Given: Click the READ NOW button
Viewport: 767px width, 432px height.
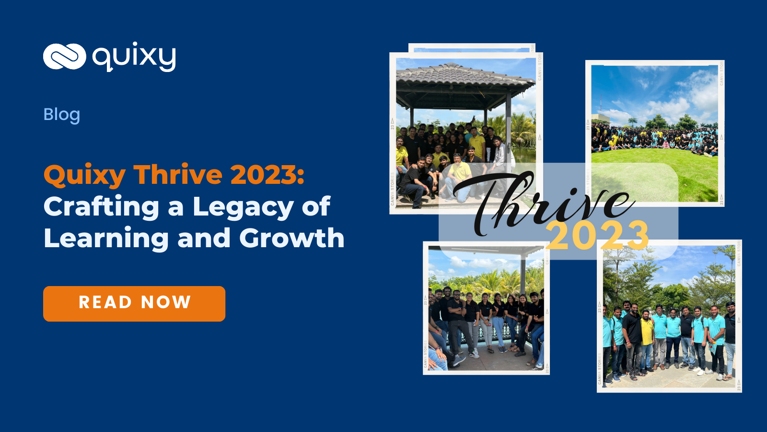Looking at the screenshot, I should coord(134,303).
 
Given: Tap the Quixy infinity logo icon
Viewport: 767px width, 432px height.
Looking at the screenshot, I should coord(64,56).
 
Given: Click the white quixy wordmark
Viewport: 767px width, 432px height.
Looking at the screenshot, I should coord(134,58).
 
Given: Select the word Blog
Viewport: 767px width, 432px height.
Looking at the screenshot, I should coord(61,115).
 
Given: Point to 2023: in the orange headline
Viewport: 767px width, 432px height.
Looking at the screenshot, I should coord(267,175).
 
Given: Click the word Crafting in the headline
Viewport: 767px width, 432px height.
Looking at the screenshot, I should coord(101,207).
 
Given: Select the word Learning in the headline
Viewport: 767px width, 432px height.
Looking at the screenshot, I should coord(106,239).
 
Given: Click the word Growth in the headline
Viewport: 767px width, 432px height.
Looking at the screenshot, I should coord(291,239).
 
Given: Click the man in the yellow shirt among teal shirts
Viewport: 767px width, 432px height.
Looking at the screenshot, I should coord(647,331).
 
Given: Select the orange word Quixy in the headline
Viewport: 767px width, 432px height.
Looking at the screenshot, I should coord(84,175).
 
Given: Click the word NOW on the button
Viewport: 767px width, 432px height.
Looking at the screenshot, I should coord(166,302).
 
